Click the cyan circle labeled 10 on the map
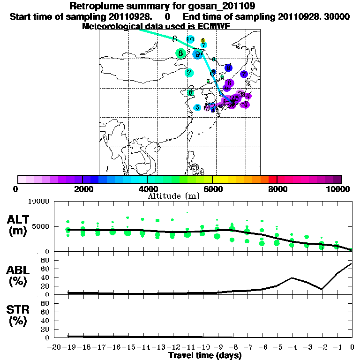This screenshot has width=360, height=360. (190, 39)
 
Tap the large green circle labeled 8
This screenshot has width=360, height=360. (180, 53)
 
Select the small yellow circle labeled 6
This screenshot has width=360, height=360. (203, 41)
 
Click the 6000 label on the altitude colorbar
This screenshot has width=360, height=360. (212, 189)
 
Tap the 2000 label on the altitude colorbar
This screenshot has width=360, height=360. (82, 189)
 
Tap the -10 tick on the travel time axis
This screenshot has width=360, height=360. (204, 347)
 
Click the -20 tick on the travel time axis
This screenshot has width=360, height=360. (55, 347)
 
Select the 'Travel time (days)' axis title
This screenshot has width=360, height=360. (205, 356)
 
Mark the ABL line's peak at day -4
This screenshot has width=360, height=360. (292, 277)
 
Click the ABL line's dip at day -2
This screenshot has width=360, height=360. (322, 289)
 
